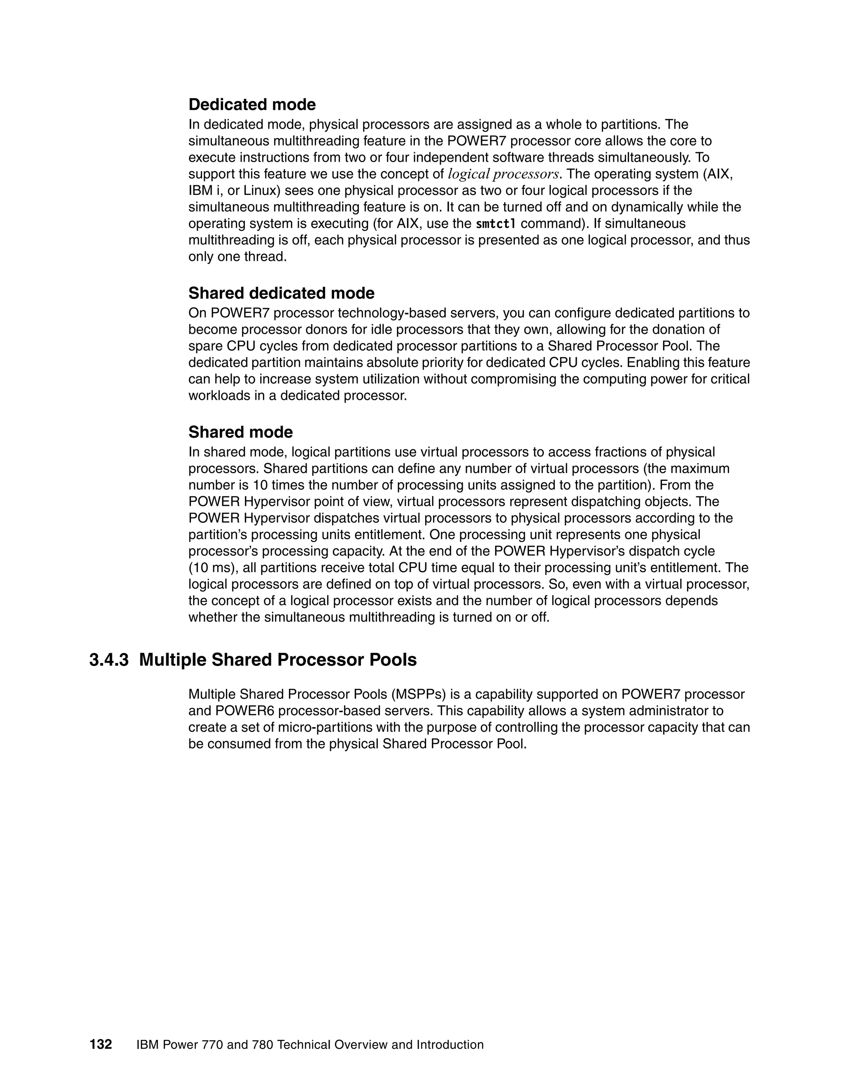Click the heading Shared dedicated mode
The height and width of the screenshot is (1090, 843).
pyautogui.click(x=281, y=293)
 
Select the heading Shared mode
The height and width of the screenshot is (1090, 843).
pyautogui.click(x=240, y=432)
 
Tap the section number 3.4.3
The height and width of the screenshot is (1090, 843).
pyautogui.click(x=108, y=660)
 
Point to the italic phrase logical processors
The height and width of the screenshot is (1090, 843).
pyautogui.click(x=503, y=174)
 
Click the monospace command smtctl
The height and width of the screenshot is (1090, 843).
pyautogui.click(x=496, y=224)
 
